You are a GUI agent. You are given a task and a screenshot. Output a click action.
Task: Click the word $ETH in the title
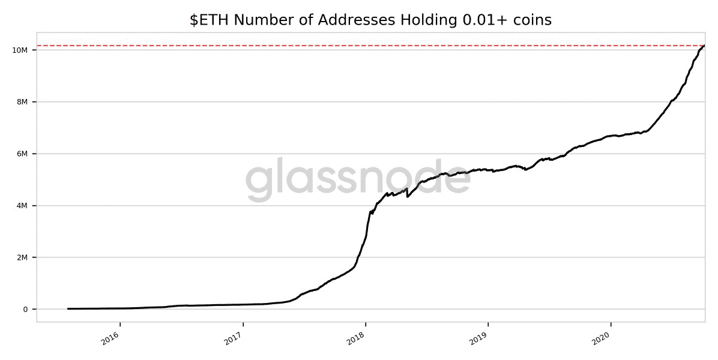click(x=210, y=20)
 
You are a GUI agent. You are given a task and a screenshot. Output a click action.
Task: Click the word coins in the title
click(x=530, y=20)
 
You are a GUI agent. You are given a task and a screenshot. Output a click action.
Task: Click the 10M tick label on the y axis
click(x=20, y=50)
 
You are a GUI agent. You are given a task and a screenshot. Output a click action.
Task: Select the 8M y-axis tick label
click(x=23, y=102)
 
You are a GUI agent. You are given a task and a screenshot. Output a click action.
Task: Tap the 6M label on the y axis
click(x=23, y=154)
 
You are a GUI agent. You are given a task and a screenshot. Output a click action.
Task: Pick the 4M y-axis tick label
click(x=23, y=206)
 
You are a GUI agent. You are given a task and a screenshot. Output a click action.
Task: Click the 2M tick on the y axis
click(x=23, y=257)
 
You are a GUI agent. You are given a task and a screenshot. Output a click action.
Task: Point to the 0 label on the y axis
click(x=26, y=310)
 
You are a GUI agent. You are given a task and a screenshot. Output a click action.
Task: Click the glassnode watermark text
click(x=358, y=180)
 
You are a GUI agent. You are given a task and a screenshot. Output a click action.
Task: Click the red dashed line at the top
click(x=360, y=46)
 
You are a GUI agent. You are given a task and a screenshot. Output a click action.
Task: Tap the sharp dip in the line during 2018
click(x=408, y=196)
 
